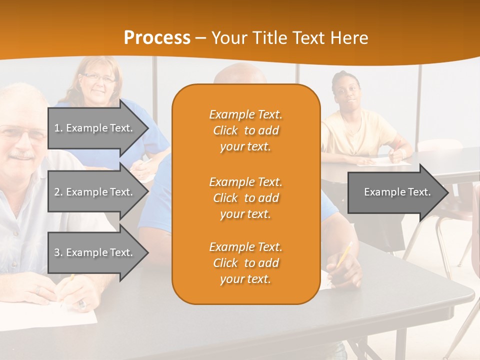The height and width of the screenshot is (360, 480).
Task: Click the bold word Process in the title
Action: [x=157, y=38]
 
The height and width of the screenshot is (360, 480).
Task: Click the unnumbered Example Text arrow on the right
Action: [x=397, y=192]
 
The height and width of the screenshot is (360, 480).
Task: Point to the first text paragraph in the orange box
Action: [x=245, y=130]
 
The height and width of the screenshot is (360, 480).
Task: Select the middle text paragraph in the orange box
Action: [x=245, y=198]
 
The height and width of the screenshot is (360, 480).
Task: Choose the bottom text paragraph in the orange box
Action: [x=245, y=263]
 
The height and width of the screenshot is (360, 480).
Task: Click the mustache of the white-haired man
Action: [x=22, y=156]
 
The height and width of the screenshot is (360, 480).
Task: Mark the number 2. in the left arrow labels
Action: [x=58, y=192]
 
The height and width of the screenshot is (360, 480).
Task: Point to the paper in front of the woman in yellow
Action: [x=385, y=161]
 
